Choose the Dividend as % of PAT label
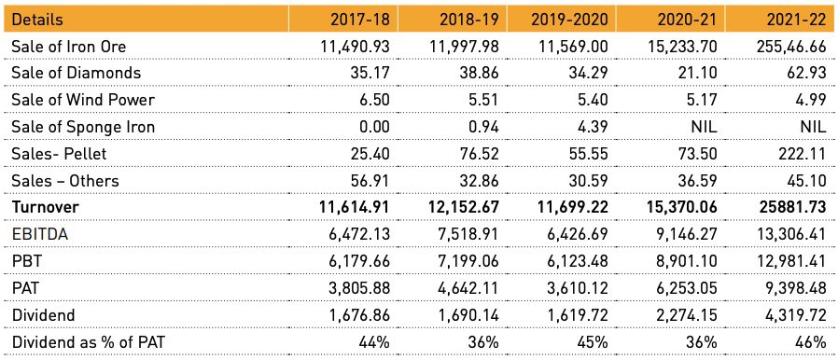(98, 342)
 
